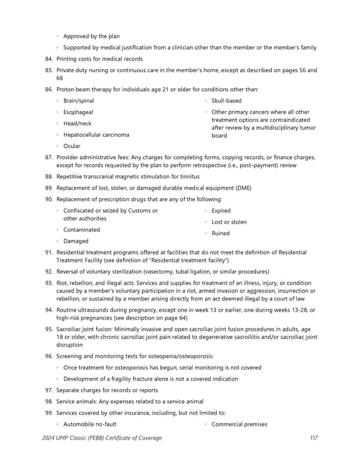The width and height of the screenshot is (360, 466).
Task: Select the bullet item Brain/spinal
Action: pyautogui.click(x=78, y=101)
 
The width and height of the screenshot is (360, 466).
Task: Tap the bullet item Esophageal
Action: pyautogui.click(x=78, y=112)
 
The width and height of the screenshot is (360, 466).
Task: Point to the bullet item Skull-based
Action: pyautogui.click(x=226, y=101)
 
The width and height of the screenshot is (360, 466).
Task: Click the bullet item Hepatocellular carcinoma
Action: pyautogui.click(x=96, y=135)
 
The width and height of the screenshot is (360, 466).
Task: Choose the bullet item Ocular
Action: pyautogui.click(x=71, y=146)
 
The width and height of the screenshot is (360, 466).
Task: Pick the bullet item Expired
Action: pyautogui.click(x=221, y=211)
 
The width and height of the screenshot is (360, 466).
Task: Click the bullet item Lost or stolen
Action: pyautogui.click(x=229, y=222)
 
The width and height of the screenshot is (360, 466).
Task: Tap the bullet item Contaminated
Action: pyautogui.click(x=82, y=230)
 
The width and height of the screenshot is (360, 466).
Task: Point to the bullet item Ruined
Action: pyautogui.click(x=220, y=234)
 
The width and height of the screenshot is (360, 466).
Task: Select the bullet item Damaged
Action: pyautogui.click(x=76, y=241)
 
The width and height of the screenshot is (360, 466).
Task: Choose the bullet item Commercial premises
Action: pyautogui.click(x=239, y=425)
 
